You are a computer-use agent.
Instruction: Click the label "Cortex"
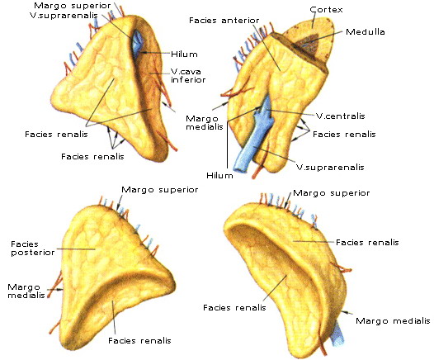click(x=326, y=10)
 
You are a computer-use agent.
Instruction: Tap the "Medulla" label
click(x=365, y=32)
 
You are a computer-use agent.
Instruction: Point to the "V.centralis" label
click(x=341, y=116)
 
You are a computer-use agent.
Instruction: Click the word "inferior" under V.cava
click(x=188, y=80)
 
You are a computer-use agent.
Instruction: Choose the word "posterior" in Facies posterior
click(x=33, y=253)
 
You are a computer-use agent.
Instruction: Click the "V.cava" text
click(x=186, y=72)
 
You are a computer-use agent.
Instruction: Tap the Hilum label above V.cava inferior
click(x=184, y=54)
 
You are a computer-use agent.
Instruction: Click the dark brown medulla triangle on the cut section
click(x=308, y=45)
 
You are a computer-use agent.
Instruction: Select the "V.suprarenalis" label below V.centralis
click(x=330, y=167)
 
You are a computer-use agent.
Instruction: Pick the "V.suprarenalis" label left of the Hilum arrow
click(x=64, y=15)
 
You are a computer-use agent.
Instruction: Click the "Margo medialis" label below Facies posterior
click(x=26, y=291)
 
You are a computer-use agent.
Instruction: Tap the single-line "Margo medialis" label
click(x=393, y=321)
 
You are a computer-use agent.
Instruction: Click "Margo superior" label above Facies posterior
click(x=160, y=190)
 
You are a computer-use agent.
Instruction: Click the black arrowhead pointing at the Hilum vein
click(x=143, y=52)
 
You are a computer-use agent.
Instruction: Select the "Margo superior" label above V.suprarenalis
click(x=73, y=5)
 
